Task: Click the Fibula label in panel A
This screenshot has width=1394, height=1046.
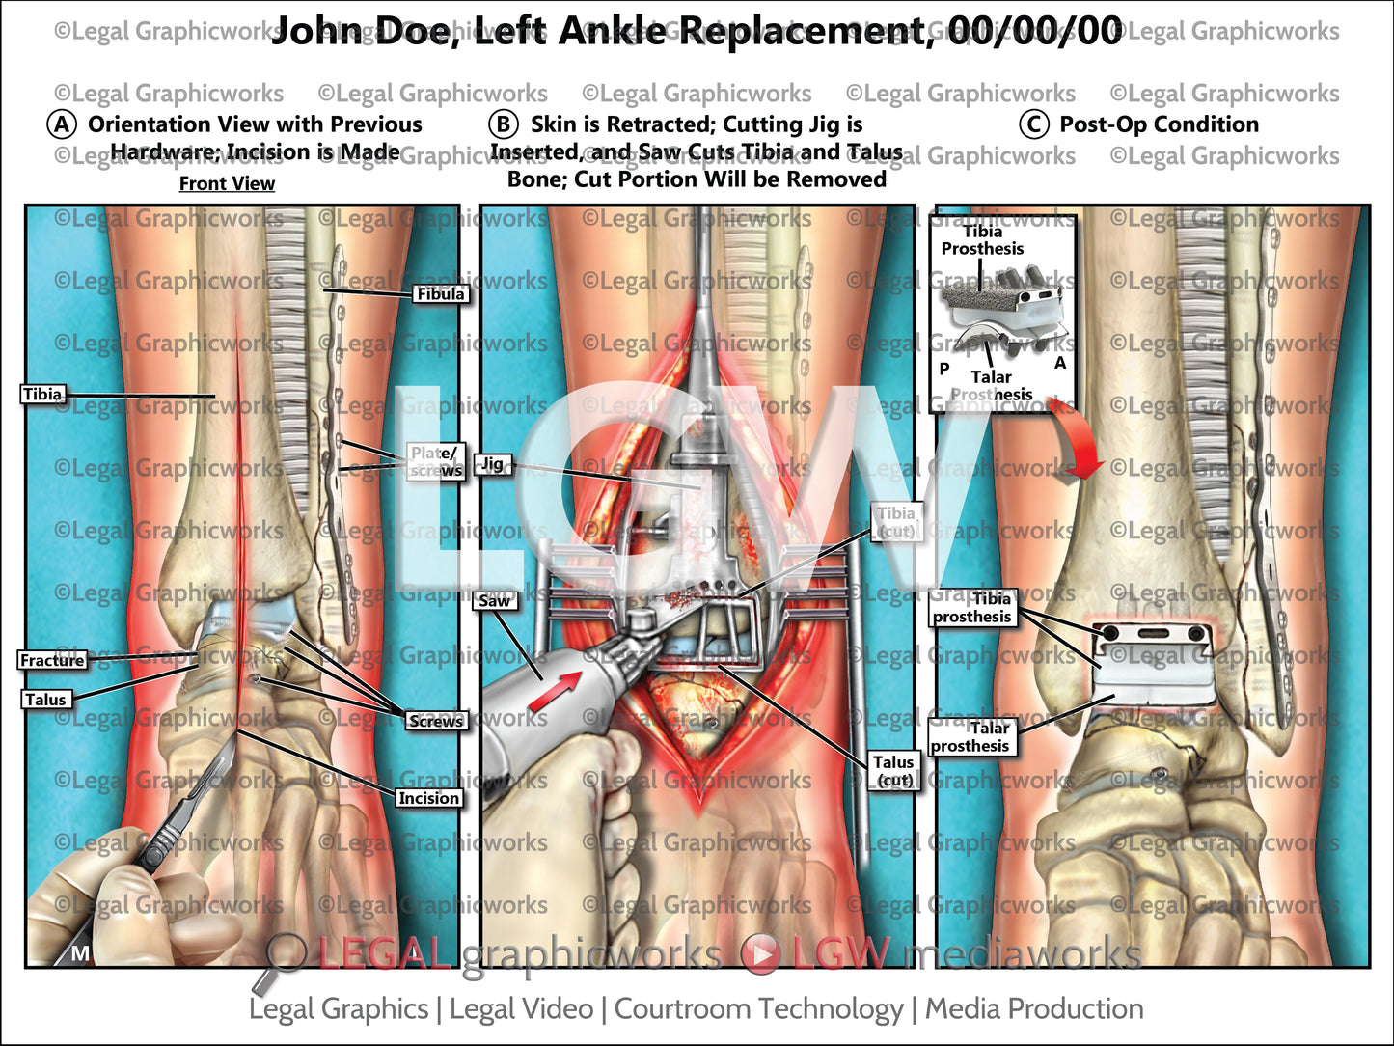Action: click(x=440, y=293)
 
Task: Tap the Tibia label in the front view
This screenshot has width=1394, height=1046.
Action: click(x=42, y=394)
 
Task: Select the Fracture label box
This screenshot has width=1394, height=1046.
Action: click(x=52, y=660)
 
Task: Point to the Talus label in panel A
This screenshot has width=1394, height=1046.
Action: click(x=45, y=700)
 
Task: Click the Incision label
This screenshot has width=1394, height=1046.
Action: click(x=428, y=798)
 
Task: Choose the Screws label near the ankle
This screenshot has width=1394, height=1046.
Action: click(x=435, y=721)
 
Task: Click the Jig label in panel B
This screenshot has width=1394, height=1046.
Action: click(x=492, y=464)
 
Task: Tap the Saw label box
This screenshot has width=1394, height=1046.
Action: click(x=494, y=601)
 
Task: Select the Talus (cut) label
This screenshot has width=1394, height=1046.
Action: click(x=893, y=771)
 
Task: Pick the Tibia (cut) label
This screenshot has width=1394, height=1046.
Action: click(x=895, y=522)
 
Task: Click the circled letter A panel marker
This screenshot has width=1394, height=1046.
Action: click(x=62, y=124)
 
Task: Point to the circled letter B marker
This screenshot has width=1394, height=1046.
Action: click(x=503, y=124)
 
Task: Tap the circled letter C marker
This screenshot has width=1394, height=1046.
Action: click(x=1034, y=124)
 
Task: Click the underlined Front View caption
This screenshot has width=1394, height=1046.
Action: click(x=227, y=183)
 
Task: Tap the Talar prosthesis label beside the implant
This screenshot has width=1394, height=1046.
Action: click(x=970, y=737)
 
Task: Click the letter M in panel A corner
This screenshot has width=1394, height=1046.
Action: click(x=80, y=953)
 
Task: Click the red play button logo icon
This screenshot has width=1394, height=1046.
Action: click(x=761, y=954)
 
